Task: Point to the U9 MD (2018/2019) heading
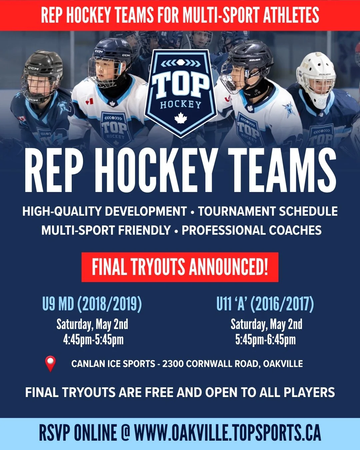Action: pos(92,304)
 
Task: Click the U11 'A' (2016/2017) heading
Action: pos(265,304)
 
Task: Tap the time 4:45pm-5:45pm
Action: pos(93,340)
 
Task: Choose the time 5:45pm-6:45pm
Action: pos(265,340)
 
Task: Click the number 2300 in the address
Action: pos(173,364)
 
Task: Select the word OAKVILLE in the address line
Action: pos(283,364)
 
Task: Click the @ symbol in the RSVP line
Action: pos(125,433)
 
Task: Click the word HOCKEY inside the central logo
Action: pos(180,105)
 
